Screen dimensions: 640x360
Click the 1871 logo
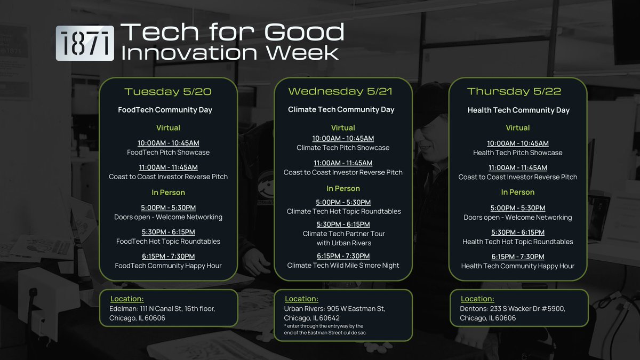85,43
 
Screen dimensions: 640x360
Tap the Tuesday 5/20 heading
168,92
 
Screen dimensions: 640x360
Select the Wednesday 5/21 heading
340,91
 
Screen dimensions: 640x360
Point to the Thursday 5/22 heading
514,91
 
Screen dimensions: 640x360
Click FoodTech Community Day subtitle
165,110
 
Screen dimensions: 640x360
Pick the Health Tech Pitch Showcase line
518,153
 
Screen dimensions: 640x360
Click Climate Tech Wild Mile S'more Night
343,266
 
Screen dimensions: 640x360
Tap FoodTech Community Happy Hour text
169,266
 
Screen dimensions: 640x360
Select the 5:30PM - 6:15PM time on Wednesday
343,225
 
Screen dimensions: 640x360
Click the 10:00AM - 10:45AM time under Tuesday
169,143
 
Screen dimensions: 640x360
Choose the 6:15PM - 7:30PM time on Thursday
518,257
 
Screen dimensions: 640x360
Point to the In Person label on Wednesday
343,189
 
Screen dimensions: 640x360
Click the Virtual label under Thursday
518,127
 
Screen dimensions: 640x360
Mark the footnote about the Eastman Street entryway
325,330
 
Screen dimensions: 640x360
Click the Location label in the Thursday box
477,299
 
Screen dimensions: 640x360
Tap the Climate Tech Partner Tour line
343,238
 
